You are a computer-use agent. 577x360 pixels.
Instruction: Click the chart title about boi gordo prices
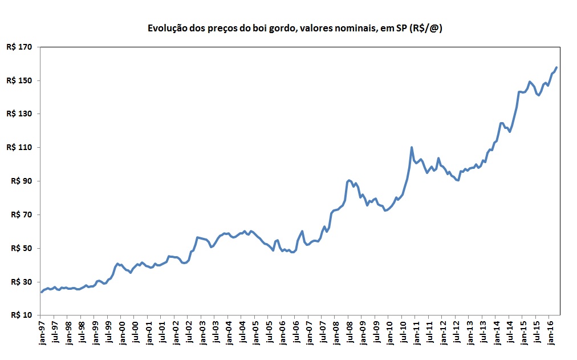(295, 28)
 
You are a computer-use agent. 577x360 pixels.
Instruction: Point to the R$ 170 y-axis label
(18, 47)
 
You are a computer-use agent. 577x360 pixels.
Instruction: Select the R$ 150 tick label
(18, 80)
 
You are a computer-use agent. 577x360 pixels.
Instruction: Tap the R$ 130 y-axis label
(18, 114)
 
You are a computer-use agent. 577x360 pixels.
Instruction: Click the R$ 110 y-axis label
(18, 148)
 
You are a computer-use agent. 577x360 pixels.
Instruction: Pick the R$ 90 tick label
(20, 181)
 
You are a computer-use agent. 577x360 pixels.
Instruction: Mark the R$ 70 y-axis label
(20, 215)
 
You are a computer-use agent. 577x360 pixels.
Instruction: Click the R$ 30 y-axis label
(20, 282)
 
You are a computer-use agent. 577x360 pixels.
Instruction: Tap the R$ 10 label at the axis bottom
(20, 315)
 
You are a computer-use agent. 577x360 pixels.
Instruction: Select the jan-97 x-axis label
(41, 332)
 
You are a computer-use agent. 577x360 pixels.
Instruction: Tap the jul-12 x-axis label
(456, 332)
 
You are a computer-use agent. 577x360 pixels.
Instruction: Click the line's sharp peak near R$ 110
(412, 147)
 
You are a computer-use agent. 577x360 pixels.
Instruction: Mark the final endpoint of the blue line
(556, 67)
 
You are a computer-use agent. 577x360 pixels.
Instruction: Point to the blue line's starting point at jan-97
(41, 292)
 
